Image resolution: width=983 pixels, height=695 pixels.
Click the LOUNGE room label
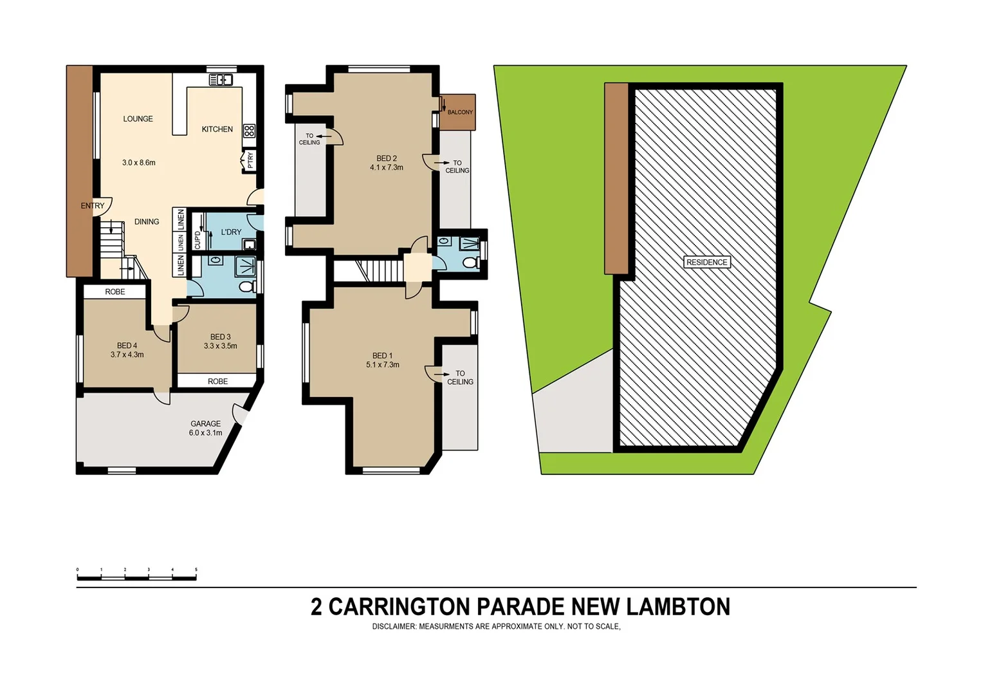coord(138,119)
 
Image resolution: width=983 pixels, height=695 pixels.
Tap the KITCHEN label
coord(217,129)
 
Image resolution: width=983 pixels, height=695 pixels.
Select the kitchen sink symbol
coord(221,80)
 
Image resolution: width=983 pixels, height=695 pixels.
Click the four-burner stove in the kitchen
coord(249,131)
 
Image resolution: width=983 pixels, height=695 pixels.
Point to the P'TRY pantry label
coord(250,160)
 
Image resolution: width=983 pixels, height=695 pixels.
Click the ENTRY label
coord(92,206)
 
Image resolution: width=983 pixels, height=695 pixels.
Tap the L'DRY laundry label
coord(231,232)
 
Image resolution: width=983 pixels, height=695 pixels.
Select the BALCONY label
coord(460,112)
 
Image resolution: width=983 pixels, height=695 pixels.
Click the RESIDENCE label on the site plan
coord(706,263)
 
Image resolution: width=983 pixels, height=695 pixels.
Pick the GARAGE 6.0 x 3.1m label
coord(205,428)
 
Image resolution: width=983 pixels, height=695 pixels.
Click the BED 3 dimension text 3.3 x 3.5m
coord(220,346)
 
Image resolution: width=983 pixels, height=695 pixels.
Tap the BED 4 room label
coord(127,346)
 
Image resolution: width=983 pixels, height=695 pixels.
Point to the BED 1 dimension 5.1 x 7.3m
coord(383,365)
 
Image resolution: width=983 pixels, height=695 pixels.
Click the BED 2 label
coord(387,158)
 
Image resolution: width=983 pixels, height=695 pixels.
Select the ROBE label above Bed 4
coord(115,292)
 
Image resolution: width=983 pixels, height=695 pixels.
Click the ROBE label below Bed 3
coord(217,382)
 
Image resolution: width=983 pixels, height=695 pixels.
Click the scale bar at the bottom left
coord(136,577)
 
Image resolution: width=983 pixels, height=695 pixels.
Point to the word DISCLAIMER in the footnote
coord(394,627)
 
